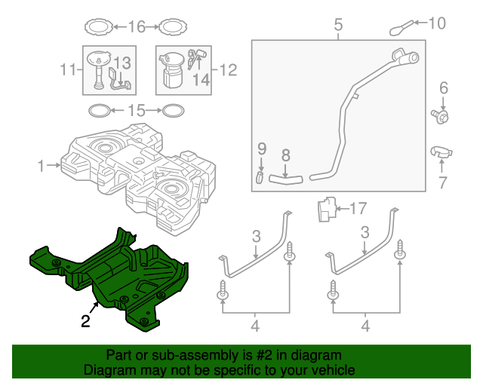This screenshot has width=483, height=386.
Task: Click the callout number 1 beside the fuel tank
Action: tap(41, 163)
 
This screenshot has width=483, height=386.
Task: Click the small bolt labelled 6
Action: tap(443, 116)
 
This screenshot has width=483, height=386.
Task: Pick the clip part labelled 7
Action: tap(441, 153)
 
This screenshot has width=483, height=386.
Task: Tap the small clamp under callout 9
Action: tap(260, 179)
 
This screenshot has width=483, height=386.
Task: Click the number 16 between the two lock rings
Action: tap(136, 28)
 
